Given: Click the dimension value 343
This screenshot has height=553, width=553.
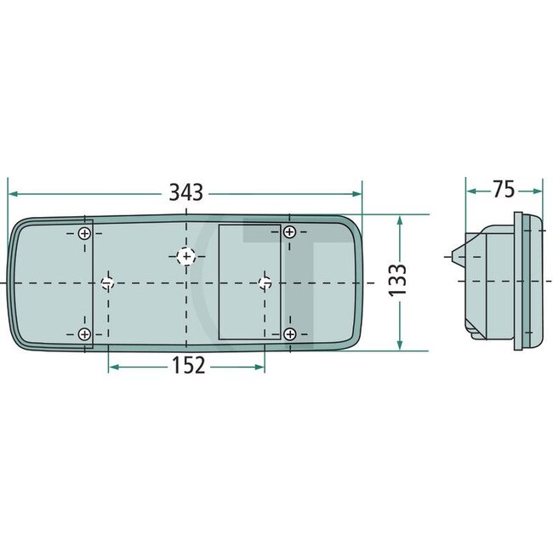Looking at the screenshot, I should (x=185, y=192).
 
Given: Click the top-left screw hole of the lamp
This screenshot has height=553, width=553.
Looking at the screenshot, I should (x=84, y=233).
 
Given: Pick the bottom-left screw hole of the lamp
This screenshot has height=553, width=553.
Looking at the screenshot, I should (x=84, y=334).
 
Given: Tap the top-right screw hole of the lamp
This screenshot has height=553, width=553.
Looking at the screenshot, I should (x=290, y=231).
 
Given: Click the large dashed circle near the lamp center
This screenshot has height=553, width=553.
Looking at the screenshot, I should (x=187, y=254).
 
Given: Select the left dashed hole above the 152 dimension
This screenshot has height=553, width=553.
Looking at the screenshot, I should (x=108, y=282).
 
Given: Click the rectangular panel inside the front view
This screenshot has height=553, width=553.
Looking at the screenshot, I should (x=250, y=282).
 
